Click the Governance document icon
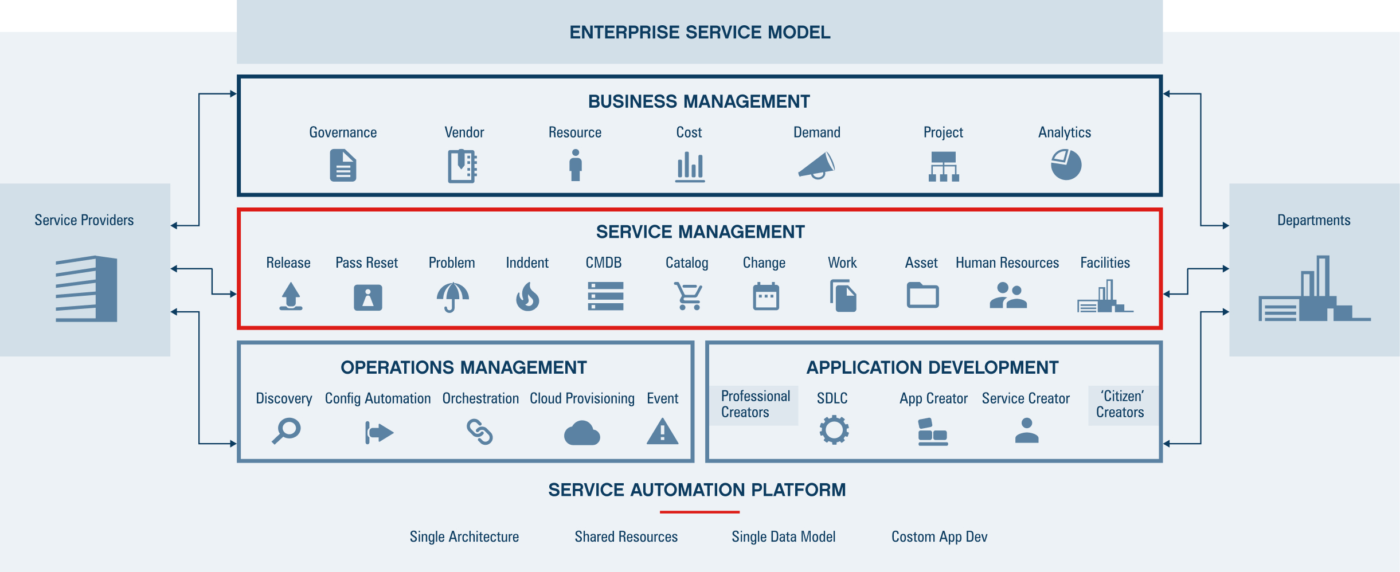pyautogui.click(x=343, y=166)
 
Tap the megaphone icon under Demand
pyautogui.click(x=816, y=166)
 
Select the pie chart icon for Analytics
pyautogui.click(x=1066, y=165)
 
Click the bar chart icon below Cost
pyautogui.click(x=690, y=167)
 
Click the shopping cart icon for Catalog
pyautogui.click(x=687, y=296)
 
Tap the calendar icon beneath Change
pyautogui.click(x=765, y=296)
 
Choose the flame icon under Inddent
pyautogui.click(x=527, y=297)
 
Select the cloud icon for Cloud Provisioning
pyautogui.click(x=582, y=433)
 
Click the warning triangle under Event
pyautogui.click(x=662, y=432)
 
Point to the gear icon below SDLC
pyautogui.click(x=834, y=430)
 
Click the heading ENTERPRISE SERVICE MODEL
pyautogui.click(x=699, y=32)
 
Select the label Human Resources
pyautogui.click(x=1007, y=263)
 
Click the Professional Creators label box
pyautogui.click(x=754, y=405)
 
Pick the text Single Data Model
pyautogui.click(x=783, y=537)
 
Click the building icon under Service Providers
pyautogui.click(x=87, y=289)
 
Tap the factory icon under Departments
pyautogui.click(x=1313, y=289)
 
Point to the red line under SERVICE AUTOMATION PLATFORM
pyautogui.click(x=699, y=512)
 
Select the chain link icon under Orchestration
pyautogui.click(x=480, y=432)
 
